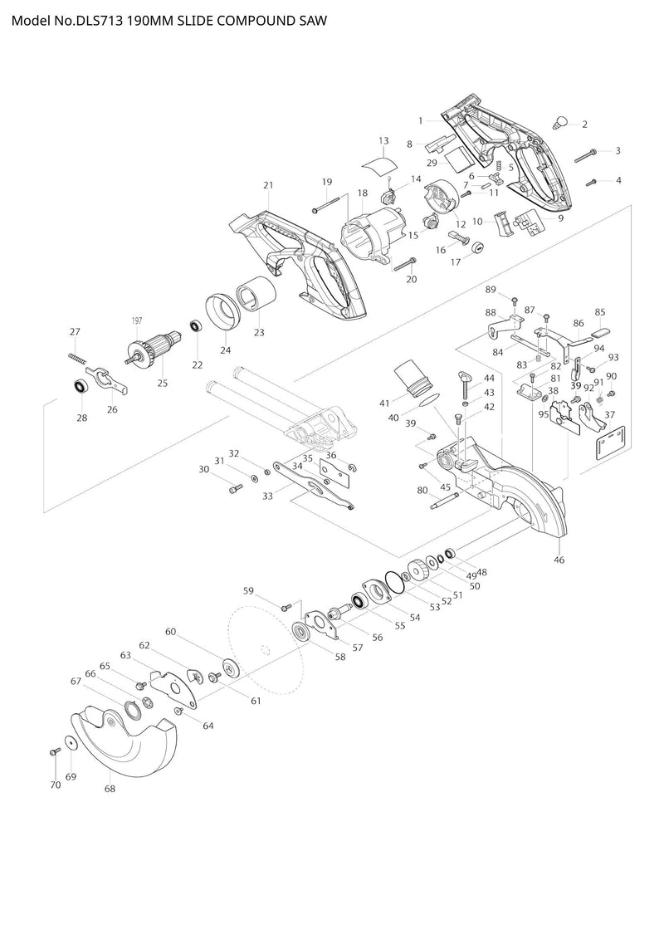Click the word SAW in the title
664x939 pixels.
(x=313, y=21)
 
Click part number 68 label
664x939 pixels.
(x=110, y=789)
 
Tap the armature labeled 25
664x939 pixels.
(x=154, y=350)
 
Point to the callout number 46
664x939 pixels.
(x=559, y=560)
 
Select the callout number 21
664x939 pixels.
(x=267, y=186)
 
